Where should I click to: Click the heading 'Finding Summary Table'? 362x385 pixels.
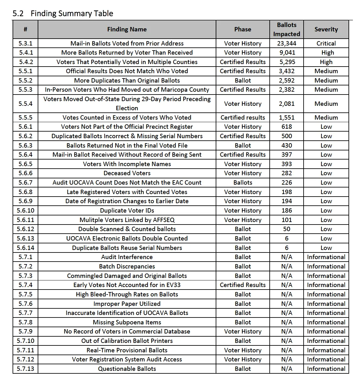(72, 14)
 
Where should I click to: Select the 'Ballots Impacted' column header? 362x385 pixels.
(286, 29)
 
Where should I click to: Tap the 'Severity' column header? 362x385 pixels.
(326, 29)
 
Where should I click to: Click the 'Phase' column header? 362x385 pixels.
(242, 29)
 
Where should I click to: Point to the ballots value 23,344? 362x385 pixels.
(286, 43)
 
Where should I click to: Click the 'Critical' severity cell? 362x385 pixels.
(326, 43)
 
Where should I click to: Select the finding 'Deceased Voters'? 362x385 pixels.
(127, 173)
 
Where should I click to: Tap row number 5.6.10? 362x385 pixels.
(25, 210)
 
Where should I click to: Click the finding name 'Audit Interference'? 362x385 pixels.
(127, 257)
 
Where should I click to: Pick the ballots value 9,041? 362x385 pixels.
(286, 52)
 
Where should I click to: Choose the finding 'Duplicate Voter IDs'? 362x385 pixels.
(127, 210)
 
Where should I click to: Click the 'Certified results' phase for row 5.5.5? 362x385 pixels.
(242, 117)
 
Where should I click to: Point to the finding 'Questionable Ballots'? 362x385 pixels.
(127, 369)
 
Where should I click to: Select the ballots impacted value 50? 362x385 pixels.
(286, 229)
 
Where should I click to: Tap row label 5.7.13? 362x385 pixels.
(25, 369)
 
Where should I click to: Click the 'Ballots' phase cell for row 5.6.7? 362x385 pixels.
(242, 182)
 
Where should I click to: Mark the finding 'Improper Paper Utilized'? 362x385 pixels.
(127, 304)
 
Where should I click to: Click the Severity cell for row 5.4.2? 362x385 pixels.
(326, 62)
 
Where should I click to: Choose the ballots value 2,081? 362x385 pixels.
(286, 104)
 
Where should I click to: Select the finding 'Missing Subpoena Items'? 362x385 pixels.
(127, 322)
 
